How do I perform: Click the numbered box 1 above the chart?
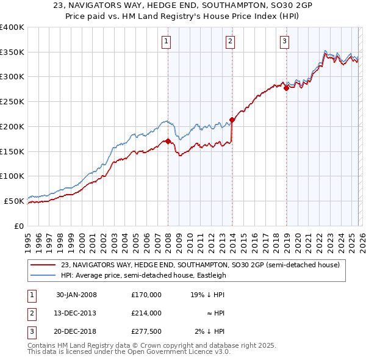coord(166,41)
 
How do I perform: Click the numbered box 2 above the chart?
coord(230,41)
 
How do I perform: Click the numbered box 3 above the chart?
coord(284,41)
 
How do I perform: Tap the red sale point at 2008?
coord(168,142)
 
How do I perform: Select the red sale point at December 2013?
coord(232,120)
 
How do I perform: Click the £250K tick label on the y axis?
coord(12,101)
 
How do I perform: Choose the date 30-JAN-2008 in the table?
coord(76,295)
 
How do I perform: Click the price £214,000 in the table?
coord(146,313)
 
